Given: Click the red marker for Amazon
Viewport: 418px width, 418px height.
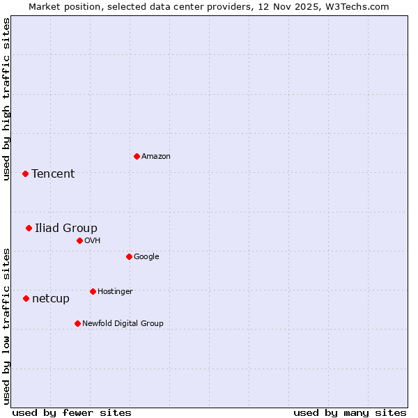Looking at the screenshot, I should point(137,156).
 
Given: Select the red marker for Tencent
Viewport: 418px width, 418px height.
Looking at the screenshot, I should point(25,173).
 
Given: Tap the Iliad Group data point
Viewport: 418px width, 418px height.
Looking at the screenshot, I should point(29,228).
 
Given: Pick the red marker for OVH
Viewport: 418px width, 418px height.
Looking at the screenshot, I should point(79,240).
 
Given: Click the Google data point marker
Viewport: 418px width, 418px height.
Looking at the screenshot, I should point(129,256).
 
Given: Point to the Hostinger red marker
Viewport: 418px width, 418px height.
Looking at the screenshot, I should point(93,291).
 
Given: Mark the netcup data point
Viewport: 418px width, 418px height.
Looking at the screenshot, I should point(26,298).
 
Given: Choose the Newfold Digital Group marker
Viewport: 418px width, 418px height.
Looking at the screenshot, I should point(77,323).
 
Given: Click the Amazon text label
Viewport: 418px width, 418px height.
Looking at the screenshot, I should point(156,157).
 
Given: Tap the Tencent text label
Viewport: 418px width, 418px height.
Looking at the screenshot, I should point(53,174).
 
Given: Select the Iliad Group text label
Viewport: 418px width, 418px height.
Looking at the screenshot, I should point(66,229).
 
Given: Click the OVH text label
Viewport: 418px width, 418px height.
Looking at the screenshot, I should point(93,241).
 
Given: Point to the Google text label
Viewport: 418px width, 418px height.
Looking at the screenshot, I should point(146,257).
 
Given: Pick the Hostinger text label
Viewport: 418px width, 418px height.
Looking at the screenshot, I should point(115,292).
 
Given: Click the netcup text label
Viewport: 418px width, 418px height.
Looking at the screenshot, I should point(51,299).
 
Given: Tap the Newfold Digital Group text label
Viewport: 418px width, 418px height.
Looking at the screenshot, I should point(123,324).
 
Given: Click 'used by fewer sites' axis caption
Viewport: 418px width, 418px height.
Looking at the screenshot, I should point(72,412).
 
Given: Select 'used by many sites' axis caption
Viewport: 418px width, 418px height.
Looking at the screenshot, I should point(350,412).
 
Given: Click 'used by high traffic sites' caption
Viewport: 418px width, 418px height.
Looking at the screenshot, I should point(6,99).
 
